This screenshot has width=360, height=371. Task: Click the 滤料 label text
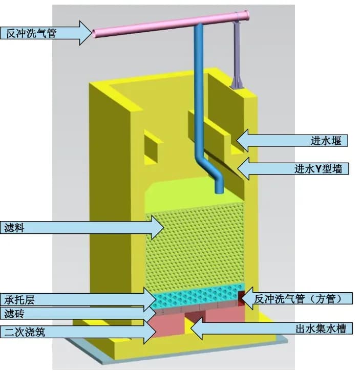click(15, 228)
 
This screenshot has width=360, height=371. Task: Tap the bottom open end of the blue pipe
click(220, 191)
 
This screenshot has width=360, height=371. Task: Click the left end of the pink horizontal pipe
click(95, 33)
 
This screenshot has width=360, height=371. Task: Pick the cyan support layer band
click(200, 296)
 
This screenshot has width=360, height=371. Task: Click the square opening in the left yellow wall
click(151, 146)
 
